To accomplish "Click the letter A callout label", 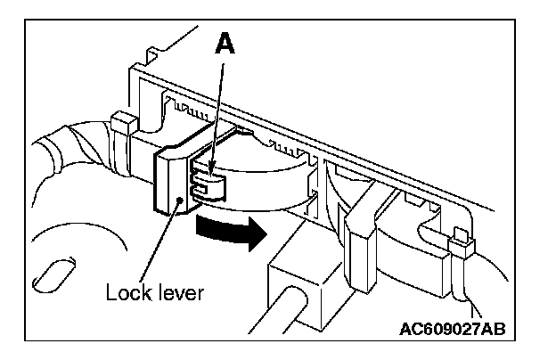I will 226,45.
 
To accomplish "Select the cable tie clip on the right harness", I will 461,241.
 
